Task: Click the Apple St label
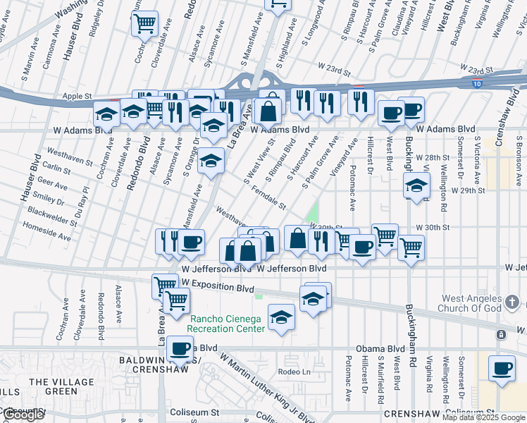click(x=77, y=95)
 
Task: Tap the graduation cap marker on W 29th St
click(x=416, y=186)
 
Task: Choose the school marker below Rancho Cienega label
click(x=281, y=318)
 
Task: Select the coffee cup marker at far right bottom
click(x=502, y=368)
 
